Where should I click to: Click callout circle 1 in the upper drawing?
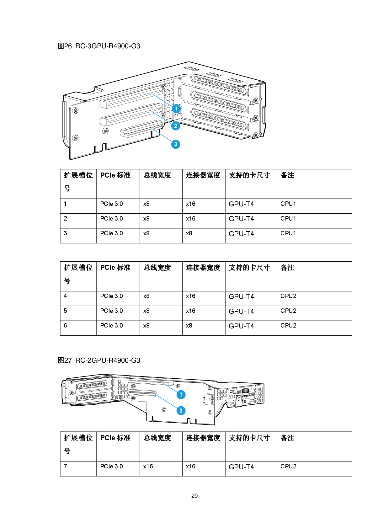click(x=176, y=109)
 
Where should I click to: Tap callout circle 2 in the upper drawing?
click(x=176, y=126)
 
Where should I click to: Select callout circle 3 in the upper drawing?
click(x=176, y=144)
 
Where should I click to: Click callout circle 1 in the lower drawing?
click(x=181, y=394)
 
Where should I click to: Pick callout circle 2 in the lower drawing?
click(x=181, y=410)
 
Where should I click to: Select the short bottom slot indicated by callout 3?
click(x=141, y=129)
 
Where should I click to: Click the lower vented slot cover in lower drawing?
click(x=92, y=397)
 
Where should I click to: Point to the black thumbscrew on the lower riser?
click(x=246, y=391)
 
